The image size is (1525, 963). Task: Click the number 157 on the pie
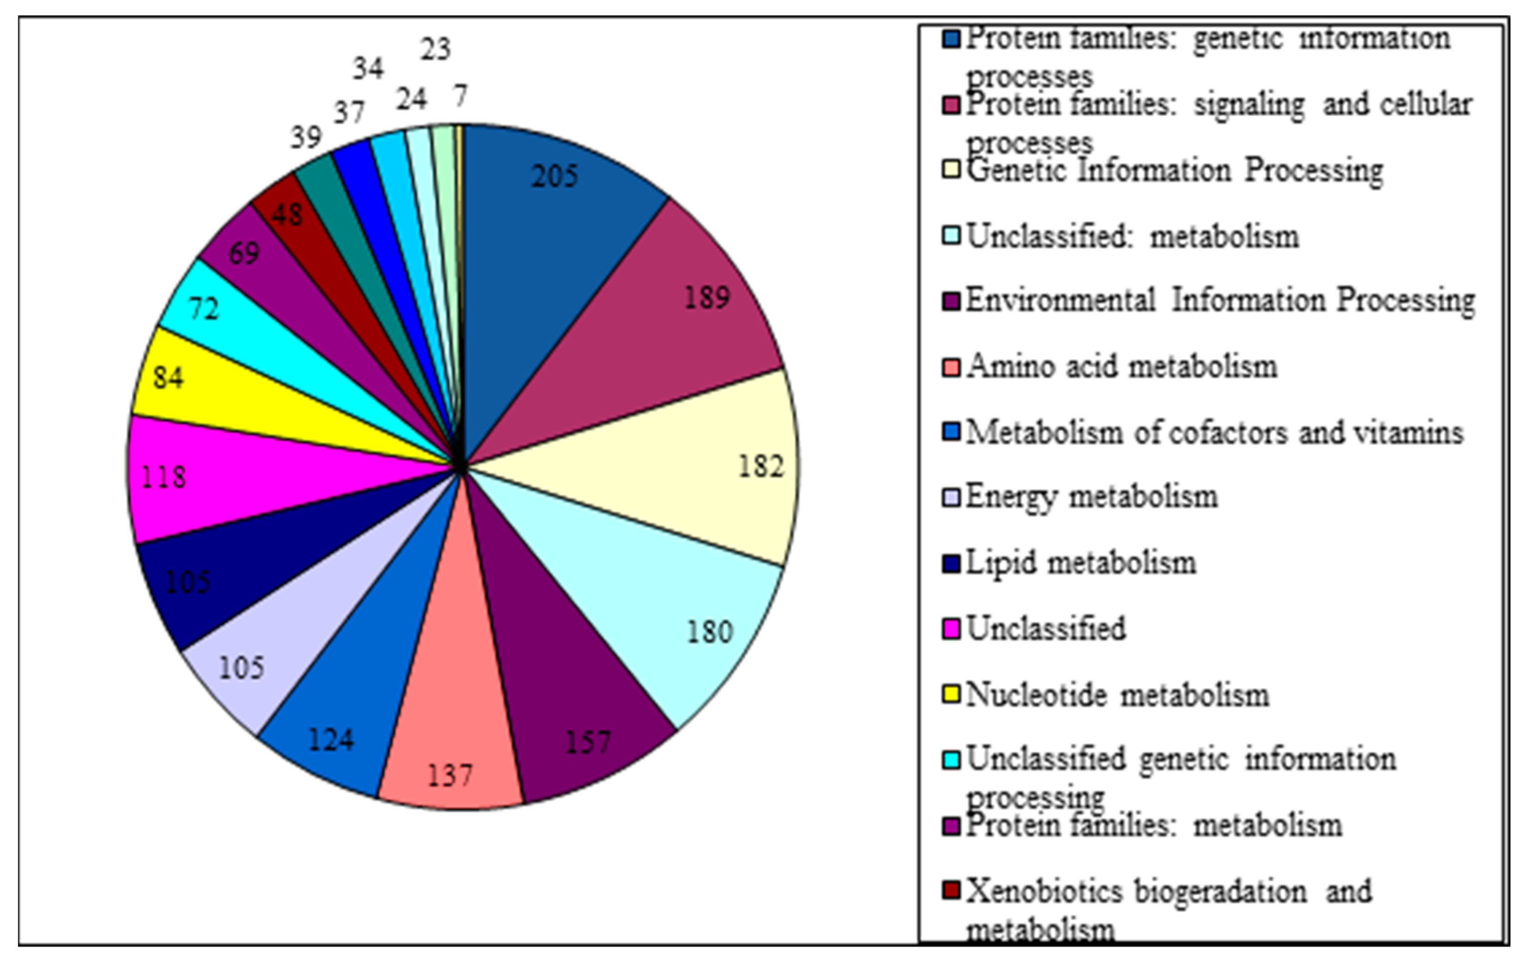point(588,742)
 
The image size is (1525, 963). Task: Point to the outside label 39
point(306,137)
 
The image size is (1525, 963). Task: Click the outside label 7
point(460,96)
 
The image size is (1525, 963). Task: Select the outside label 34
point(368,68)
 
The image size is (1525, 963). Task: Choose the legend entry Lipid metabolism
point(1080,563)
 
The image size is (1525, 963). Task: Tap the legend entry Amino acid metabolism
point(1121,366)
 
